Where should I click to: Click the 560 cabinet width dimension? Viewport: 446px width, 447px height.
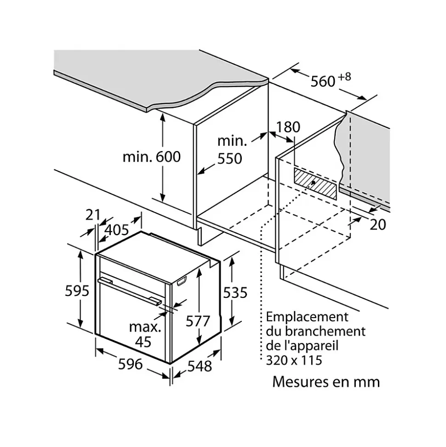coord(323,81)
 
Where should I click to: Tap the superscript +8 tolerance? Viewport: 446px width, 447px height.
coord(344,76)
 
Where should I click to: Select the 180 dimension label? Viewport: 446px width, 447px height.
coord(288,128)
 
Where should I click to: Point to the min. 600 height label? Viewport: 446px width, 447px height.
coord(151,157)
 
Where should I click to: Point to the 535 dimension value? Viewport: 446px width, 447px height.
coord(235,292)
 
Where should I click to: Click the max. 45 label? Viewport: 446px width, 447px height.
coord(145,334)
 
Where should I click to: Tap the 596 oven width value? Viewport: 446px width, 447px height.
coord(130,364)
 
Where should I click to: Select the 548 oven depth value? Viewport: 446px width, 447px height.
coord(200,366)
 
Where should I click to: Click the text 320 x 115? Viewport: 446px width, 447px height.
coord(294,360)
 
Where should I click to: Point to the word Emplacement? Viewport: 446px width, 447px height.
coord(307,317)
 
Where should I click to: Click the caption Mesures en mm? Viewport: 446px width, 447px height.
coord(326,382)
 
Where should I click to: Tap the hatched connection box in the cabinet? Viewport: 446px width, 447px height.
coord(315,183)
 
